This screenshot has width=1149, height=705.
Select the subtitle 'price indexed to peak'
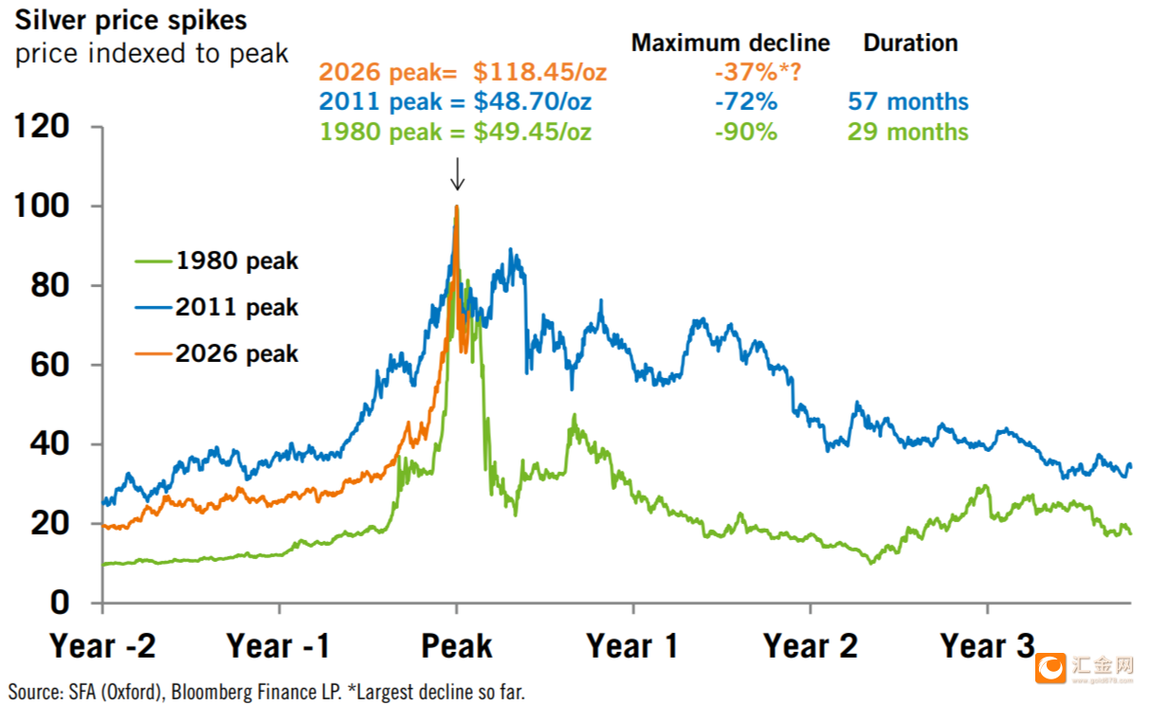tap(152, 53)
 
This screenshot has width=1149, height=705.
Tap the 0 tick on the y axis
tap(60, 603)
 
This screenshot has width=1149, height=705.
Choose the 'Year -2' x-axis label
tap(102, 646)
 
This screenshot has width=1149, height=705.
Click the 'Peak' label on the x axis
tap(457, 646)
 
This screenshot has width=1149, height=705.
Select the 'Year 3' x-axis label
tap(988, 646)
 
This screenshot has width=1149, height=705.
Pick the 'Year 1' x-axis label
tap(632, 646)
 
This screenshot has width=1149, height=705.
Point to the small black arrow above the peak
tap(457, 174)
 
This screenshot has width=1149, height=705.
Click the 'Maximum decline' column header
tap(730, 43)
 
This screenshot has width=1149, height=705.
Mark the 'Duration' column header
tap(910, 43)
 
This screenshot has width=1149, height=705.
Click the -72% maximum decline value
tap(746, 102)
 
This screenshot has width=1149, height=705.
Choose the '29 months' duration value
tap(908, 132)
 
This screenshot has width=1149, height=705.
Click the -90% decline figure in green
tap(746, 132)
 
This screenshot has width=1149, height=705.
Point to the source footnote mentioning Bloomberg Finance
tap(266, 691)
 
